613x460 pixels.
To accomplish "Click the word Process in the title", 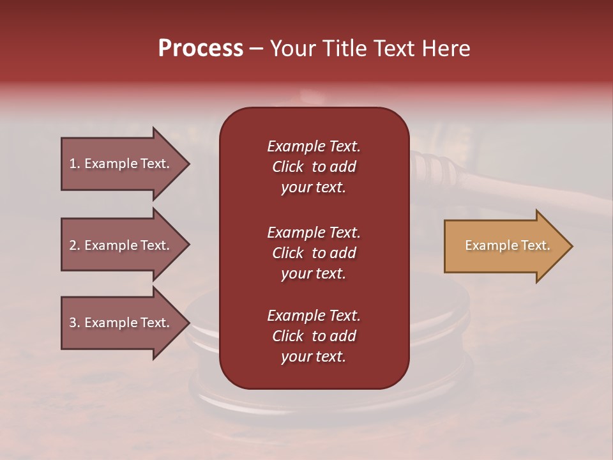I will [x=201, y=49].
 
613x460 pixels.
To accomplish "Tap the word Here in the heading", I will [x=445, y=49].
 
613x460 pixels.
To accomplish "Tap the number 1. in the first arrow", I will [x=75, y=164].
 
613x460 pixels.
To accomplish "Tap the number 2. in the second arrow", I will [x=75, y=245].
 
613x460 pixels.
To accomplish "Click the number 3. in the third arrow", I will [x=75, y=323].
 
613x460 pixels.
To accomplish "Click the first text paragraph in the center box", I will [x=314, y=167].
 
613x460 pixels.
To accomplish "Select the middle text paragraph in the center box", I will [x=314, y=253].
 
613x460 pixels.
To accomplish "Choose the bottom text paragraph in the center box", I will [x=314, y=336].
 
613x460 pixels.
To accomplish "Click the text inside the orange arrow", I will [x=507, y=245].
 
